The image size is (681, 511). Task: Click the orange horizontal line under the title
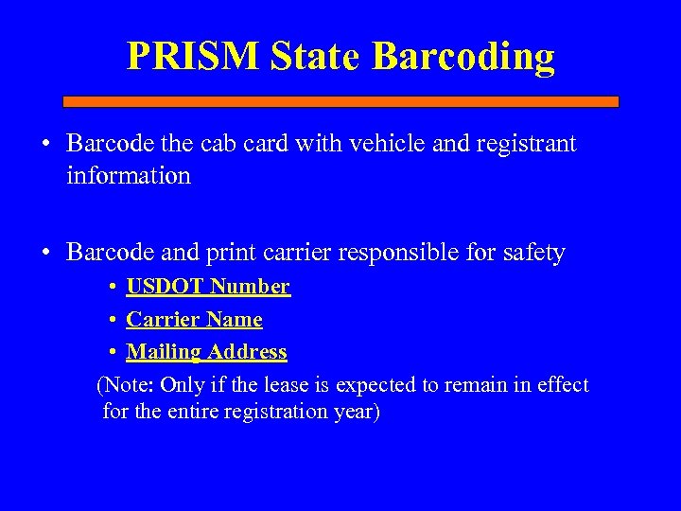point(340,101)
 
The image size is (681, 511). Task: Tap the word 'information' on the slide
point(129,175)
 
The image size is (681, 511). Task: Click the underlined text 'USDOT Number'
point(208,286)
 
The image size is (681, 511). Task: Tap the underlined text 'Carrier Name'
point(194,319)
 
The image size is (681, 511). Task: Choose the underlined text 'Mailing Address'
point(206,352)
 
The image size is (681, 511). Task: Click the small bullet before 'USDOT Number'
point(112,287)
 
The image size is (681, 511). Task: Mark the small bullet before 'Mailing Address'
point(112,353)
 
